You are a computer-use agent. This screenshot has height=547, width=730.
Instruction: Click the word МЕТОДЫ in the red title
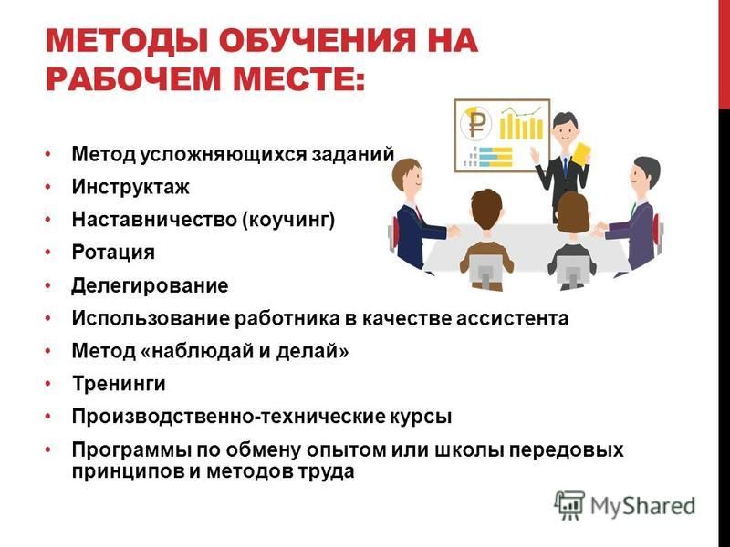pos(127,40)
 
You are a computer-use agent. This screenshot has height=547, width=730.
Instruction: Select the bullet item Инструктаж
pos(130,187)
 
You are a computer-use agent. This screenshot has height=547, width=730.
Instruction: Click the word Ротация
pos(113,253)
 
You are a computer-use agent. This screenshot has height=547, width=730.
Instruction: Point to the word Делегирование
pos(150,285)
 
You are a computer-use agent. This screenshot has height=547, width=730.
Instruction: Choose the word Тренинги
pos(119,384)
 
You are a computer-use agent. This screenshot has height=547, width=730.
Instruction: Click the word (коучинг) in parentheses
pos(288,220)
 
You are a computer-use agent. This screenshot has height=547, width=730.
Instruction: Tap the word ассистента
pos(512,318)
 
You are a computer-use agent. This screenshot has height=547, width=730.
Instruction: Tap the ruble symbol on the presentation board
pos(475,123)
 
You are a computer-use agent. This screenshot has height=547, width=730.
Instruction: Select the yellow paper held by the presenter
pos(581,154)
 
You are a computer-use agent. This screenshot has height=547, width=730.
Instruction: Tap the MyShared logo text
pos(642,506)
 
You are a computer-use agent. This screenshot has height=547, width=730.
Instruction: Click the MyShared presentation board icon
pos(569,505)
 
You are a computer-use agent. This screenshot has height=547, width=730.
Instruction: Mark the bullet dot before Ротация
pos(48,253)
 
